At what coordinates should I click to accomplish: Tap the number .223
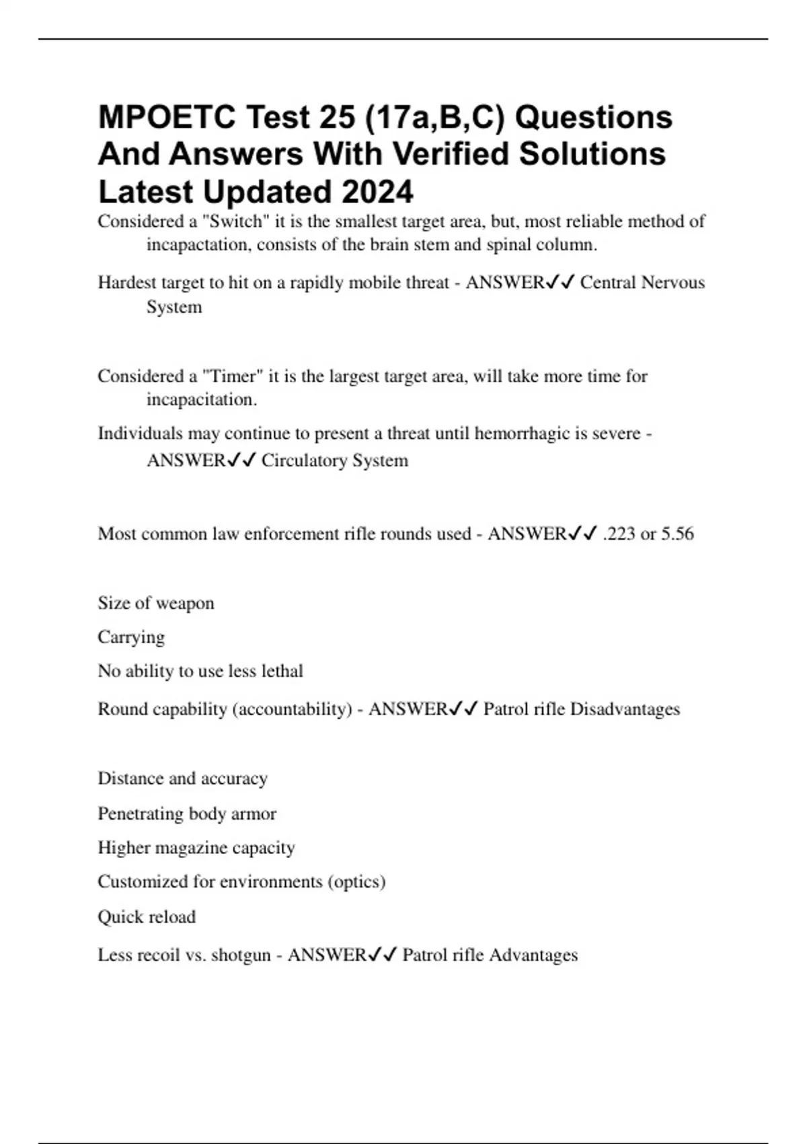619,534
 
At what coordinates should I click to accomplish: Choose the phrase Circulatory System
334,461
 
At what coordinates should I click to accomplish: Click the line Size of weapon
156,603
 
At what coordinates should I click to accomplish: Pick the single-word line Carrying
131,637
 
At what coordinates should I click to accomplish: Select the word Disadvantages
625,709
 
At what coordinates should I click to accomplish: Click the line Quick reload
147,917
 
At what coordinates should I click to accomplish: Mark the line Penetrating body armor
187,814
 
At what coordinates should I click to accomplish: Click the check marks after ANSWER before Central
560,283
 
